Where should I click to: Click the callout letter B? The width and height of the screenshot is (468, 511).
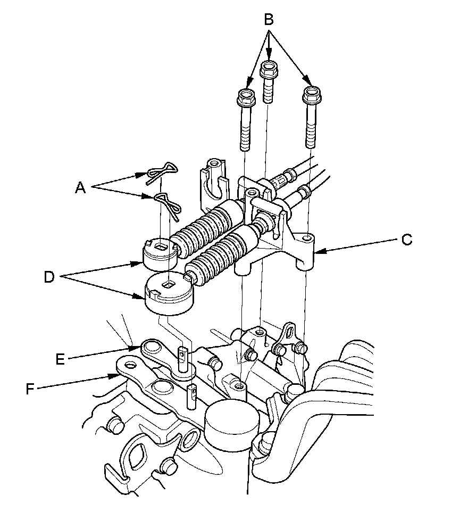coord(269,20)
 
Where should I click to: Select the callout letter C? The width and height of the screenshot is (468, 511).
coord(407,240)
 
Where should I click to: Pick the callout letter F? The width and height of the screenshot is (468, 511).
coord(31,389)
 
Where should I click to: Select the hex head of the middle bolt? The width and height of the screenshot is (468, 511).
coord(269,69)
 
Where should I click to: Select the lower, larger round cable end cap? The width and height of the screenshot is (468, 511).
coord(168,294)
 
